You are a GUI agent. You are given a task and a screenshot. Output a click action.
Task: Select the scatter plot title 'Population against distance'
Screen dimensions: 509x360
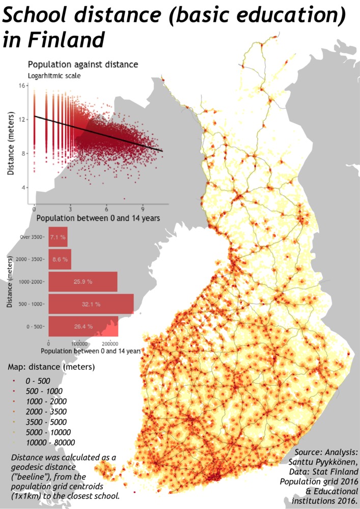pyautogui.click(x=82, y=65)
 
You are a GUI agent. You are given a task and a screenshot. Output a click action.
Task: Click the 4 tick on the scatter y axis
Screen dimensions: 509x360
pyautogui.click(x=23, y=188)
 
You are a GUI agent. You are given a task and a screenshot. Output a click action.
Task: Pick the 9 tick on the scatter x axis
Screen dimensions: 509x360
pyautogui.click(x=143, y=209)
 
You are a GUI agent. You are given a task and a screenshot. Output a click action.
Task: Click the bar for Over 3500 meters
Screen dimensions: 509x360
pyautogui.click(x=58, y=237)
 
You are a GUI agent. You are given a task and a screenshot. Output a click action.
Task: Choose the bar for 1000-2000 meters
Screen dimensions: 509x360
pyautogui.click(x=82, y=281)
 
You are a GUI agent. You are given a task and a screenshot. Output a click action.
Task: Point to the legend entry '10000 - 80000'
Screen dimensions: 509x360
pyautogui.click(x=50, y=442)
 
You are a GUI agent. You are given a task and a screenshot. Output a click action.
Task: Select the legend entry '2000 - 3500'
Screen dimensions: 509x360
pyautogui.click(x=46, y=411)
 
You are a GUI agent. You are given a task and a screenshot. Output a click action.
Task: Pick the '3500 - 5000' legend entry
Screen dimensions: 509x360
pyautogui.click(x=46, y=421)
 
